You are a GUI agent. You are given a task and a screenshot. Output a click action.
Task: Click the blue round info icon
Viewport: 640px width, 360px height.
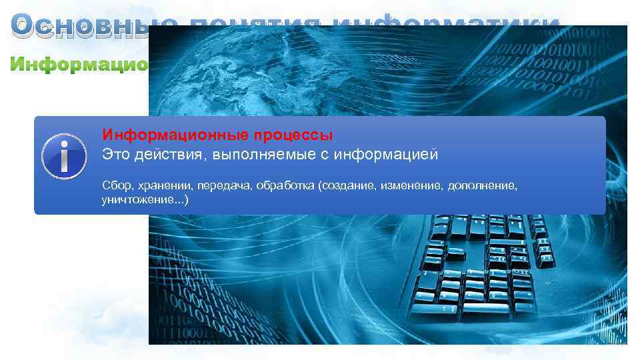click(x=64, y=156)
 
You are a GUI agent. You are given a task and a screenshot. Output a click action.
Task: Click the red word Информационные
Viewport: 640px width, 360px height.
click(x=176, y=135)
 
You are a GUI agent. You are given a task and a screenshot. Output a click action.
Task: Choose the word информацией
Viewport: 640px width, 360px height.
click(x=387, y=155)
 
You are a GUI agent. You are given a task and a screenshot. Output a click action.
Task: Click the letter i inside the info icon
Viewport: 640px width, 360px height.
click(x=64, y=157)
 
